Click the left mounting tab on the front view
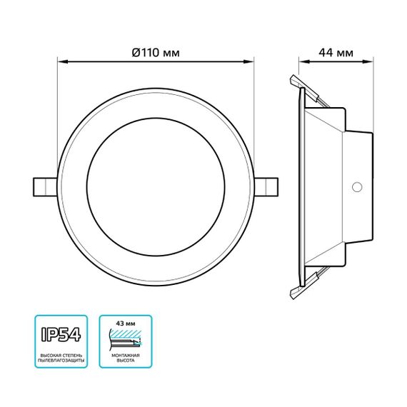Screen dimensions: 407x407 click(x=44, y=186)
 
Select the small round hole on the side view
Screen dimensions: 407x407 click(x=355, y=187)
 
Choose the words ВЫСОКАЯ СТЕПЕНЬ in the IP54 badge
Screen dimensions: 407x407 click(x=61, y=355)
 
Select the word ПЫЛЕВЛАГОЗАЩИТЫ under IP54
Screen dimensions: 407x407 click(x=61, y=362)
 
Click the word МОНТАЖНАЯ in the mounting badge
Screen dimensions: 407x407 click(x=126, y=355)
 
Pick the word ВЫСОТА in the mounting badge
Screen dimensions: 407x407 click(x=126, y=362)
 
